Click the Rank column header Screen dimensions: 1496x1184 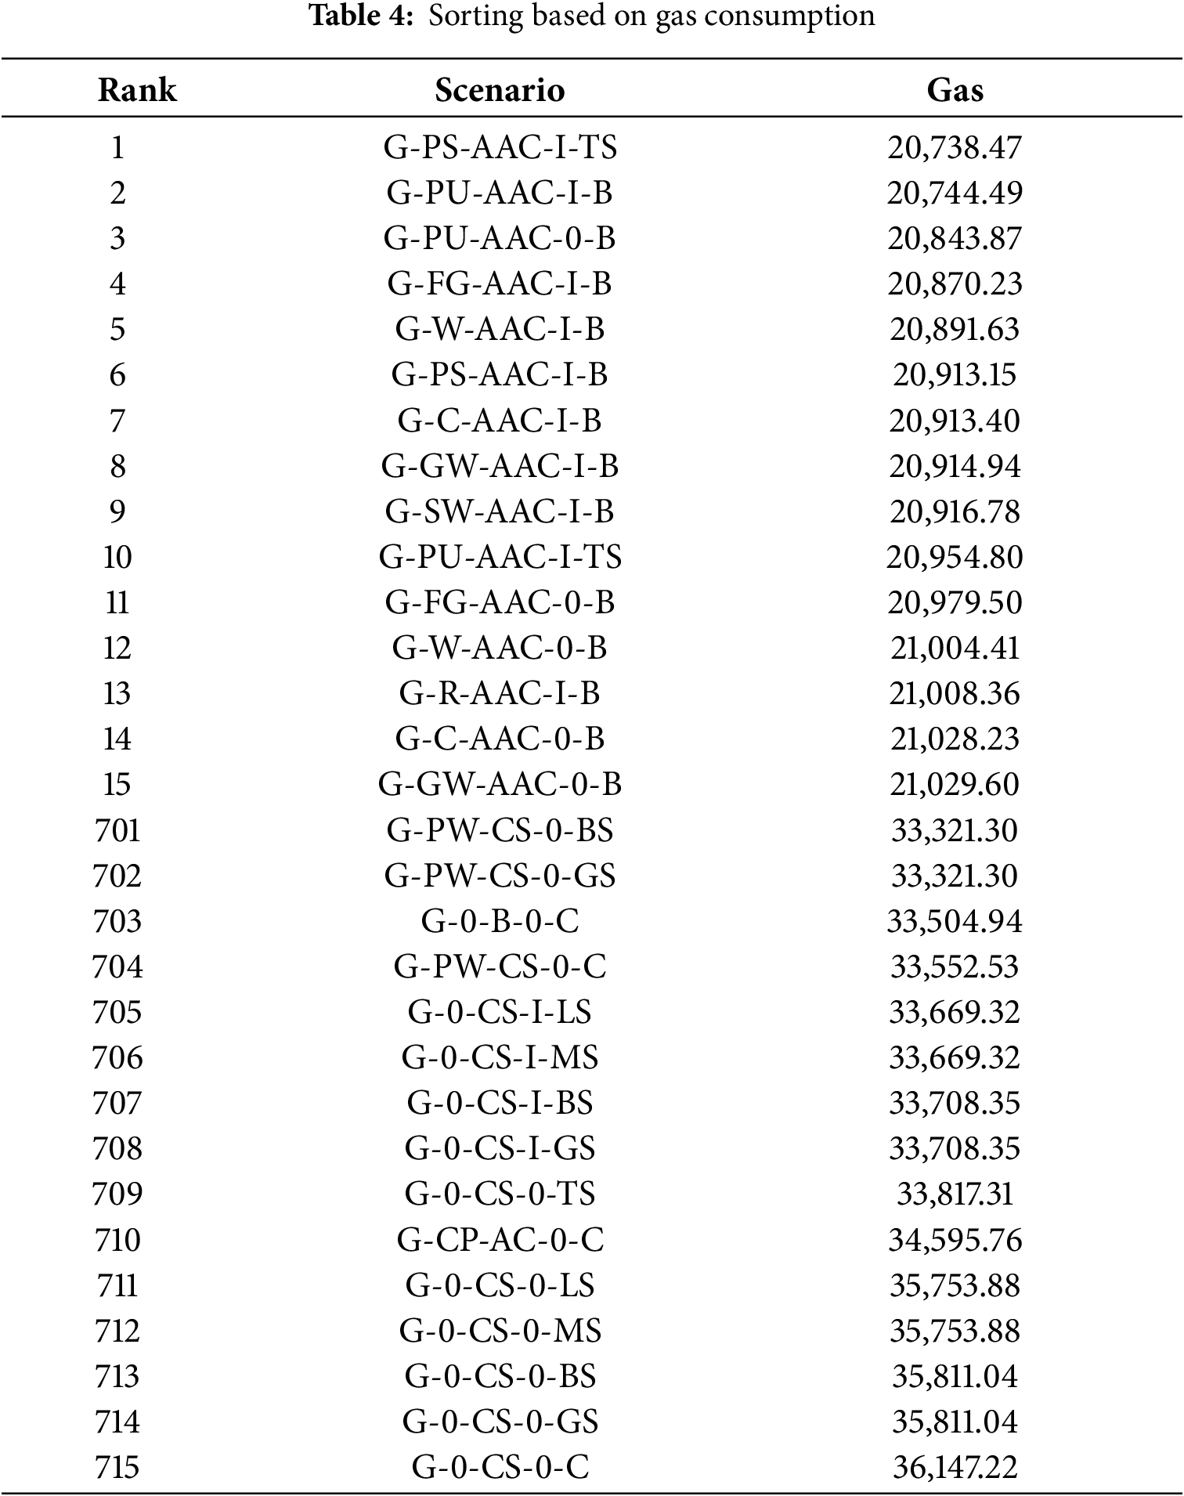pyautogui.click(x=137, y=90)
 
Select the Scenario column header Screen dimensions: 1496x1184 pyautogui.click(x=500, y=90)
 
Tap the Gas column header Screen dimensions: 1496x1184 pyautogui.click(x=955, y=90)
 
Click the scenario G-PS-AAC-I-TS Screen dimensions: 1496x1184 pyautogui.click(x=500, y=147)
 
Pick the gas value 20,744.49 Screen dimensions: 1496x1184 pyautogui.click(x=955, y=193)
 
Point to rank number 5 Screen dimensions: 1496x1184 pyautogui.click(x=117, y=329)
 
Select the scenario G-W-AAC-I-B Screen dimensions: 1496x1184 pyautogui.click(x=500, y=329)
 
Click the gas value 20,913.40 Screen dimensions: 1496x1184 pyautogui.click(x=955, y=421)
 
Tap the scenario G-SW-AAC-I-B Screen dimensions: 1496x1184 pyautogui.click(x=500, y=511)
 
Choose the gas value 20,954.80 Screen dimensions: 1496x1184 pyautogui.click(x=955, y=557)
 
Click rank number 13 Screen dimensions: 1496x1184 pyautogui.click(x=117, y=693)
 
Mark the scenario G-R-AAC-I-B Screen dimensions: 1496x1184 pyautogui.click(x=500, y=693)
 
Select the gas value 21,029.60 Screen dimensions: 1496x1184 pyautogui.click(x=955, y=784)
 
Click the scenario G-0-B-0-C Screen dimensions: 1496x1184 pyautogui.click(x=500, y=921)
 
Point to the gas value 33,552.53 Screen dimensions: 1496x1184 pyautogui.click(x=955, y=967)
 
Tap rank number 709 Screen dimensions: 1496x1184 pyautogui.click(x=117, y=1194)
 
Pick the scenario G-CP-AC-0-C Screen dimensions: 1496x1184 pyautogui.click(x=500, y=1240)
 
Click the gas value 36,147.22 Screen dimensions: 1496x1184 pyautogui.click(x=955, y=1467)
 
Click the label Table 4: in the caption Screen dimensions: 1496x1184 pyautogui.click(x=361, y=16)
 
